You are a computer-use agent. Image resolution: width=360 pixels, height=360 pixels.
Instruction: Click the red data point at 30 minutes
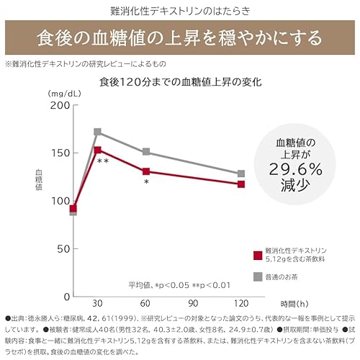tap(98, 150)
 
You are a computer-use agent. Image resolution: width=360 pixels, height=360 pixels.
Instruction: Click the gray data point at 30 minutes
tap(98, 132)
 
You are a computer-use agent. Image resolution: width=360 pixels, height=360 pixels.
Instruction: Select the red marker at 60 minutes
tap(146, 171)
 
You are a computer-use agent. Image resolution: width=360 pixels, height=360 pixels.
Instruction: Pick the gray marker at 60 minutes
tap(146, 152)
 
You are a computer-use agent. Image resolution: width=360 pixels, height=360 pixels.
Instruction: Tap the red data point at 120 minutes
tap(241, 184)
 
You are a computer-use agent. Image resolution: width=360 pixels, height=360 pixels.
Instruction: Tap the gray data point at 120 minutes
tap(241, 174)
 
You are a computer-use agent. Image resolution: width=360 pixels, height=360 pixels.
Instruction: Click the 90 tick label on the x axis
tap(194, 304)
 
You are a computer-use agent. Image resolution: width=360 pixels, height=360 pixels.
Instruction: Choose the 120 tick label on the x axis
tap(241, 304)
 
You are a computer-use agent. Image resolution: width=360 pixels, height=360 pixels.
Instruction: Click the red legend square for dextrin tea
tap(258, 255)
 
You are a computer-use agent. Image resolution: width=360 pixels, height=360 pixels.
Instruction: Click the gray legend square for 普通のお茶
tap(258, 276)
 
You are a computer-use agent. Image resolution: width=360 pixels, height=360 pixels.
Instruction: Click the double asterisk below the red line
tap(103, 162)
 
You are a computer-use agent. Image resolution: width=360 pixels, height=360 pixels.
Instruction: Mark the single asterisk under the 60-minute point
tap(146, 183)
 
